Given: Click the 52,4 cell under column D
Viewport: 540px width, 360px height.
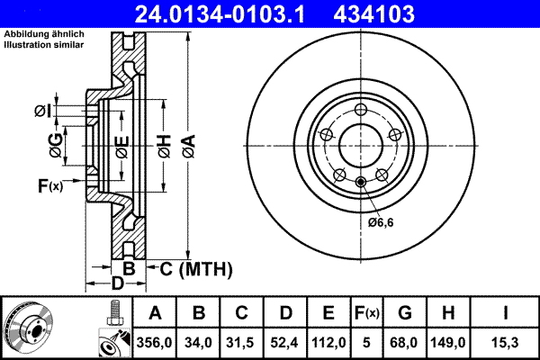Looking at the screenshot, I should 286,342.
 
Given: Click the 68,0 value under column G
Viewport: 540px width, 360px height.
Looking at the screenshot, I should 406,342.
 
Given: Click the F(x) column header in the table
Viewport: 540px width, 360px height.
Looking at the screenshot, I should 367,314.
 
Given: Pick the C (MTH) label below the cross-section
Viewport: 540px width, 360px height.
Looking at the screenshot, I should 194,268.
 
